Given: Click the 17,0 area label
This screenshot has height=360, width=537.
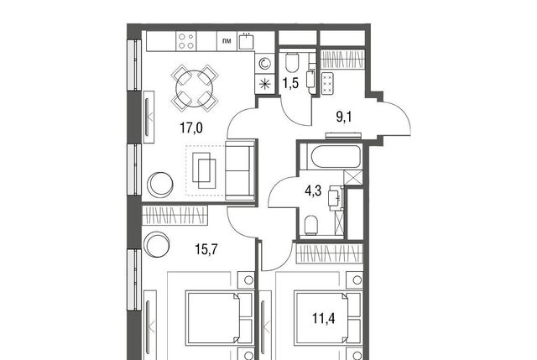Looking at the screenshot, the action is coord(191,128).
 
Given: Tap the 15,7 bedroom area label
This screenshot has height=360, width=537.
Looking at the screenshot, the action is coord(206,250).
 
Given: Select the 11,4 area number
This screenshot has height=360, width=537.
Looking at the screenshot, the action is coord(324,319).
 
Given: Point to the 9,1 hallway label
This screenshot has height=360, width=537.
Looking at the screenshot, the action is coord(344,117).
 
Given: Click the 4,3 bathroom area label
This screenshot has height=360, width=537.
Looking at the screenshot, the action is coord(313,190).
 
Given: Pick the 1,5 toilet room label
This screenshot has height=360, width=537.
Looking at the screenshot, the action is coord(291,83).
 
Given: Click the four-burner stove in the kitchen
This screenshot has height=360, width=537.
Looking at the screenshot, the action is coord(186,41).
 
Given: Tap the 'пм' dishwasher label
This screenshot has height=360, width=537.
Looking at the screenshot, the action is coord(227,41).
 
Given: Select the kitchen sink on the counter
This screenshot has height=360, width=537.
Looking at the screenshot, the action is coord(247,41).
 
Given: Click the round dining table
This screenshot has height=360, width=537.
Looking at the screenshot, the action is coord(195,87).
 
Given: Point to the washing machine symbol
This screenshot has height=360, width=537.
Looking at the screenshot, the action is coord(265,64).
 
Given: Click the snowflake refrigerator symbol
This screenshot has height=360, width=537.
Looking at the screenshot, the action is coord(265,84).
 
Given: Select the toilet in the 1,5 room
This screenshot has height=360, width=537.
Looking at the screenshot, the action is coord(292,62).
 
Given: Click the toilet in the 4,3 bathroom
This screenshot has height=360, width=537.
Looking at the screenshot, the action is coord(311,225).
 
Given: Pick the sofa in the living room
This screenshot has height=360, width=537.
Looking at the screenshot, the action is coord(240,170).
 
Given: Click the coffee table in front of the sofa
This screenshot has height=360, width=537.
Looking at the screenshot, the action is coord(204,170).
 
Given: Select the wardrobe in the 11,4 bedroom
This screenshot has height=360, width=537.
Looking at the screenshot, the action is coord(329,253).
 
